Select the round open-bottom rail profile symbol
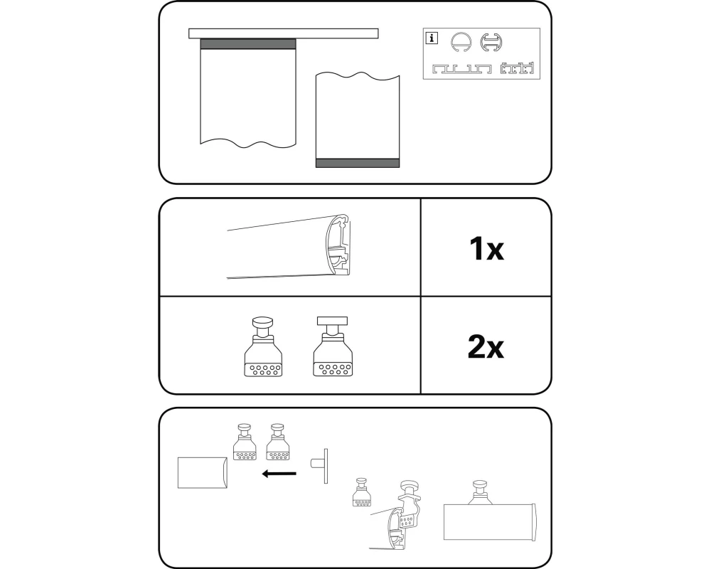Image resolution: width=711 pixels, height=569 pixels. tap(461, 43)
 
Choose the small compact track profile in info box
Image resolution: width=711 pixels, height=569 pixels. tap(517, 69)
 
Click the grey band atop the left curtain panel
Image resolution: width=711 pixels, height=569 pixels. tap(248, 44)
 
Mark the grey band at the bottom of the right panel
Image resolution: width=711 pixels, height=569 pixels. tap(358, 163)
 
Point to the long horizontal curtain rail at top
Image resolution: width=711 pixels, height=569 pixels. tap(284, 33)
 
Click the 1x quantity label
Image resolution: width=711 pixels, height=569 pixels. tap(486, 249)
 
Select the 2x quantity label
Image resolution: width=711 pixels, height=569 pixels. tap(486, 347)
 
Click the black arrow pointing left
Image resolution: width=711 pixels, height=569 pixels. tap(279, 473)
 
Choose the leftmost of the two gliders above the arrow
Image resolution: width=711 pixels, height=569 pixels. tap(245, 443)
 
